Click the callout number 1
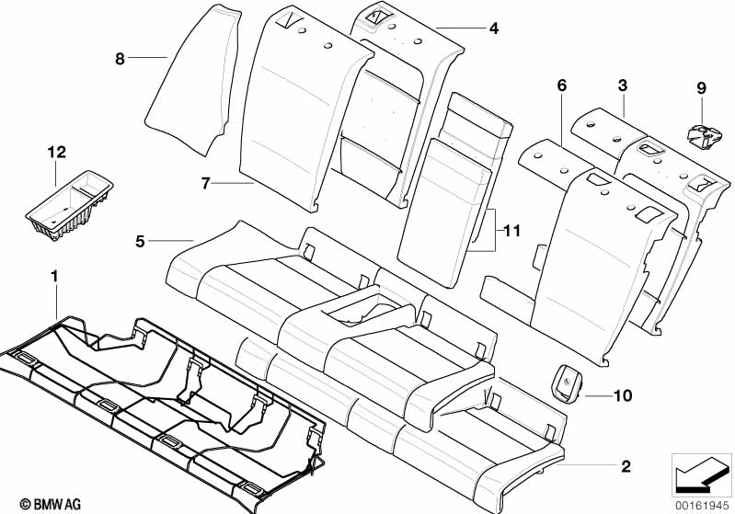[54, 275]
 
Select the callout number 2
[626, 467]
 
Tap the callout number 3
[623, 86]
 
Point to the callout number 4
[493, 29]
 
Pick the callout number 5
[140, 241]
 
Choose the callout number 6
[561, 86]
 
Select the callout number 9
[701, 88]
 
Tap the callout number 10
[623, 396]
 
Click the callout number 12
[57, 151]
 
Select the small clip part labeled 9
[704, 133]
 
